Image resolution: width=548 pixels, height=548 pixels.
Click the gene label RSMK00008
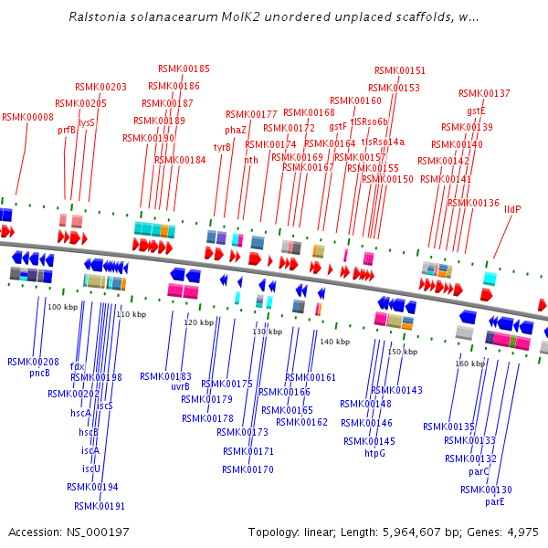27,117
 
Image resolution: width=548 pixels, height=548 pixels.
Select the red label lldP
512,209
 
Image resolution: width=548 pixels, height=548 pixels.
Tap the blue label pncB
39,373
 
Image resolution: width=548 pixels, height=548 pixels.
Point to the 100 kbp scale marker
63,307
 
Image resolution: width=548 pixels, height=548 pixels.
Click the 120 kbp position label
198,322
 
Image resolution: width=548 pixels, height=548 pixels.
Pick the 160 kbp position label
470,364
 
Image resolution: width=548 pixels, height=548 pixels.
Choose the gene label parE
495,501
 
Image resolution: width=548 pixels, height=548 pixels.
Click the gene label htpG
374,453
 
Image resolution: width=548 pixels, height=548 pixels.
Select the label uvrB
180,386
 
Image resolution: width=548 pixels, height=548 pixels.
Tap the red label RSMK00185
184,68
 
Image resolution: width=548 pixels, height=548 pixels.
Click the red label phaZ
236,130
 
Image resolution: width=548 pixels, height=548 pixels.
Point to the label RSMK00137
484,93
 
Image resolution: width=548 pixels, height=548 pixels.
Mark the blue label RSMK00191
100,506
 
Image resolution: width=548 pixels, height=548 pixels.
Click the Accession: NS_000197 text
55,532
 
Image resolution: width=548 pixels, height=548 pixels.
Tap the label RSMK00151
400,70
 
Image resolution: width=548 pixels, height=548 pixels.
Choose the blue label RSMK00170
248,469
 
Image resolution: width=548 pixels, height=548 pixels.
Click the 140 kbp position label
335,342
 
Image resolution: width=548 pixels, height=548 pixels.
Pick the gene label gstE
476,111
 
